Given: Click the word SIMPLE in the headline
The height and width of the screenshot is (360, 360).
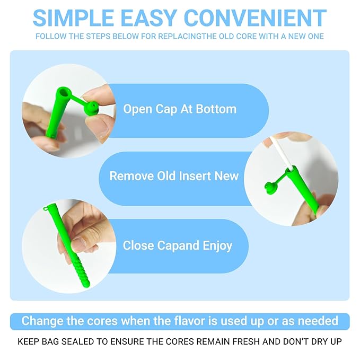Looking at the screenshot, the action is pos(74,18).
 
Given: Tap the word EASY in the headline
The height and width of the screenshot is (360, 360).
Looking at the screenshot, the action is pos(149,18).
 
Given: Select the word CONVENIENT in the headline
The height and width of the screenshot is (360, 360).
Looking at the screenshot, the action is pos(255,18).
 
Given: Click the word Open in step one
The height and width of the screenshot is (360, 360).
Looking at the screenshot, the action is pos(138,109).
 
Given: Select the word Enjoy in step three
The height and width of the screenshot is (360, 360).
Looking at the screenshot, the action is pos(217,246).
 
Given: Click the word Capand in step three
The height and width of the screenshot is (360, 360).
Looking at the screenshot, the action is pos(178,246).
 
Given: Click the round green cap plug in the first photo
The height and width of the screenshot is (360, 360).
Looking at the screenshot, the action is pos(91,108).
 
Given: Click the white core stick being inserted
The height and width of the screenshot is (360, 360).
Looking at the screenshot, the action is pos(281,153).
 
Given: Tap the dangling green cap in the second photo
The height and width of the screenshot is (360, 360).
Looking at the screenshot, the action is pos(271,188).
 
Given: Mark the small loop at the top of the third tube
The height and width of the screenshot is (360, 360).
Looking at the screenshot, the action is pos(46,208).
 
